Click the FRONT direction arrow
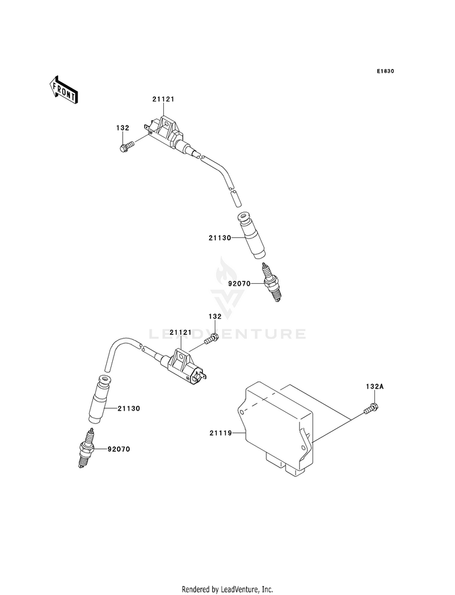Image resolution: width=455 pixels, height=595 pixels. [64, 90]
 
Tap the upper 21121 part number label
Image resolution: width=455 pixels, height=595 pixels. [163, 99]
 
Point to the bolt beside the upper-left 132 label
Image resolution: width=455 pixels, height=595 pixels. [127, 147]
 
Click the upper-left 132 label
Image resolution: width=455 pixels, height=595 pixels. [123, 128]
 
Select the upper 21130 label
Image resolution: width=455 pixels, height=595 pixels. [220, 238]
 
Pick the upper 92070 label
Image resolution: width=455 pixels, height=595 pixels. [240, 283]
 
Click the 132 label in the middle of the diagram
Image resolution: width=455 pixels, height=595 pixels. [215, 316]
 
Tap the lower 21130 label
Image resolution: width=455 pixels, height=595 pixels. [129, 409]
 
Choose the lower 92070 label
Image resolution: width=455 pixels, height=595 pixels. [119, 449]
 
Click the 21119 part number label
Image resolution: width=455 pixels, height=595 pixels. [220, 433]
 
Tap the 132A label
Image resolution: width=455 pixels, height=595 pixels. [375, 387]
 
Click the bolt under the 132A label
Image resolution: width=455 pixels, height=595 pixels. [371, 409]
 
